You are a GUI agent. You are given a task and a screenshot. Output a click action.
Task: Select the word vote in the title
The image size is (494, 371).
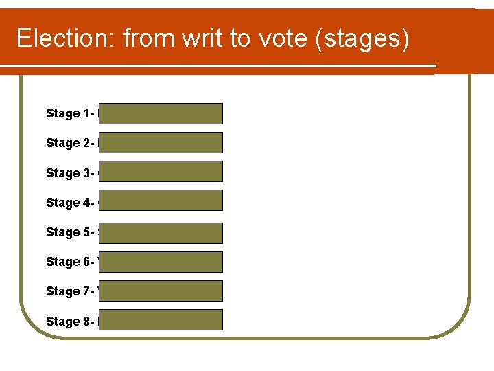point(283,38)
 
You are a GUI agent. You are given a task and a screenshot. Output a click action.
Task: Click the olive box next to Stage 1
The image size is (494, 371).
point(161,113)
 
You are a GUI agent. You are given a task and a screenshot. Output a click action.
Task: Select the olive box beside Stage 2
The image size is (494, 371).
point(161,142)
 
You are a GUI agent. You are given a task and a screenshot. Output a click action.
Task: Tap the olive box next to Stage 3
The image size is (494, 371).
point(161,171)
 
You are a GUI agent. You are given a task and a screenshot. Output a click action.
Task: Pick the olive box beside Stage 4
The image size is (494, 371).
point(161,200)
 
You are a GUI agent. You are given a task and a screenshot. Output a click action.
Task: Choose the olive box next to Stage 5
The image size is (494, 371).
point(161,233)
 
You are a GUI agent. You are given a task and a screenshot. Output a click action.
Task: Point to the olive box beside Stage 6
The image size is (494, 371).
point(161,262)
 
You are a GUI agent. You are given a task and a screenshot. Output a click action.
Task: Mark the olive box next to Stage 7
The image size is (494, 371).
point(161,291)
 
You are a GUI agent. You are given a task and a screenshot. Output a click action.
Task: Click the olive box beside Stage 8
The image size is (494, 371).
point(161,319)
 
